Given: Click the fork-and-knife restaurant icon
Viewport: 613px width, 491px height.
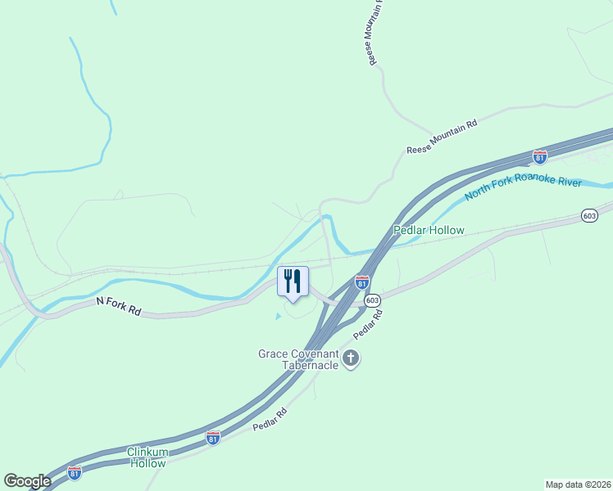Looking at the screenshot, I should pos(293,282).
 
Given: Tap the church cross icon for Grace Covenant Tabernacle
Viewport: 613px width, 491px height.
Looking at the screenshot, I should pos(352,358).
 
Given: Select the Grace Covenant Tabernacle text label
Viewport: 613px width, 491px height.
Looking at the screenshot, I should pos(298,359).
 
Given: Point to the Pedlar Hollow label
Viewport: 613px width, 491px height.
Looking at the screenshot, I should pos(429,231).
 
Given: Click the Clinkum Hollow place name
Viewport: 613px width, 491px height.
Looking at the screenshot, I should pos(148,457).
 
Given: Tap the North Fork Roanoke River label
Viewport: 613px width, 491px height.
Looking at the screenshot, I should pos(523,189).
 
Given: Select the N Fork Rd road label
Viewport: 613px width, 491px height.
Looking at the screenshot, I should pos(120,302).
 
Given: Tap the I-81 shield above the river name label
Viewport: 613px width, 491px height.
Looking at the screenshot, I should pos(539,155).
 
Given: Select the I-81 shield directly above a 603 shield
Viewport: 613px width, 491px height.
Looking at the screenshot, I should pos(362,282).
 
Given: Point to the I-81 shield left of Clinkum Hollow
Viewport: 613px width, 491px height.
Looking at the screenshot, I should pos(75,473).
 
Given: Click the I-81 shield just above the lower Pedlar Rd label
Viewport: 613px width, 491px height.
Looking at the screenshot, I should pos(213,438).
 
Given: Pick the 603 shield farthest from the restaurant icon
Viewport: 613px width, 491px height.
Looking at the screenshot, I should pos(589,215).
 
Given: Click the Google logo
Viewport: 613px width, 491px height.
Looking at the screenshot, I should pos(27,480).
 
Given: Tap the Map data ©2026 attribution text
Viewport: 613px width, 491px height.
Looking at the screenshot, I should pos(578,484).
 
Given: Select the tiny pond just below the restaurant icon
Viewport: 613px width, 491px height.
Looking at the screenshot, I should pos(278,315).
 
